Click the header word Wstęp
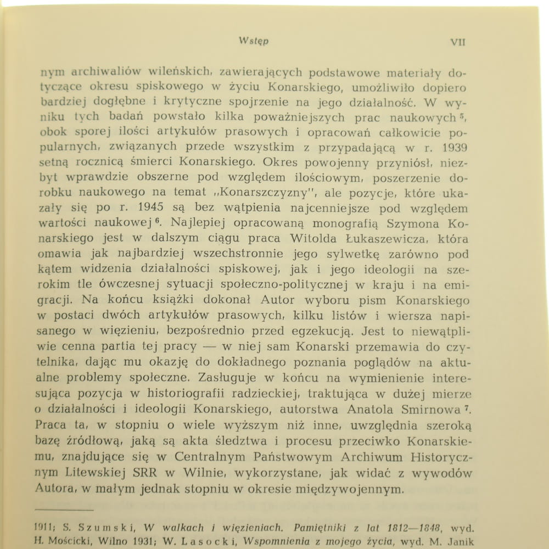tap(254, 41)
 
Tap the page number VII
tap(457, 42)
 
